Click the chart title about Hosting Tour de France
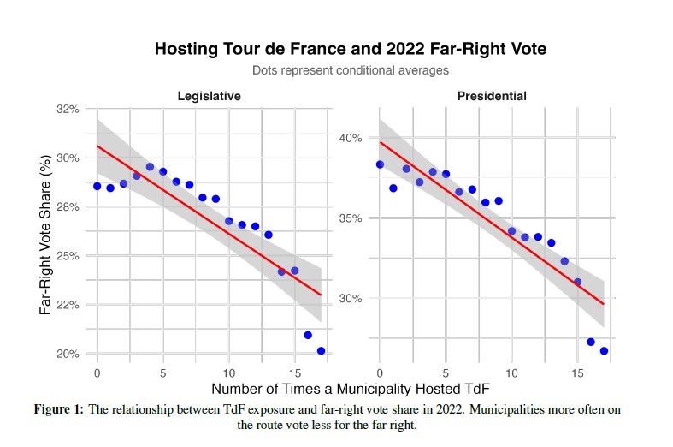point(350,49)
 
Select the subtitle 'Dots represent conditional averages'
point(350,70)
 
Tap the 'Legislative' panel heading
point(209,96)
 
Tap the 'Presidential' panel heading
point(492,96)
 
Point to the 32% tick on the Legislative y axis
point(68,110)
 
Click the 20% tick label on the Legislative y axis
point(68,354)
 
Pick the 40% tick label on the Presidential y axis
point(353,138)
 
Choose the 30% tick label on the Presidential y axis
point(353,299)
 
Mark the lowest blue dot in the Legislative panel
point(322,351)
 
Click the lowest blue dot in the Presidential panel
point(604,351)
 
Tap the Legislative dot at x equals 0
point(97,186)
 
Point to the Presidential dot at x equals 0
point(380,164)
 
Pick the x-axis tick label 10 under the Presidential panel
point(511,373)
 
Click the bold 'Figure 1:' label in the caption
point(59,409)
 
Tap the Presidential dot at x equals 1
point(393,188)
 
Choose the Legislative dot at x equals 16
point(308,335)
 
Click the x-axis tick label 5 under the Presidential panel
point(446,373)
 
